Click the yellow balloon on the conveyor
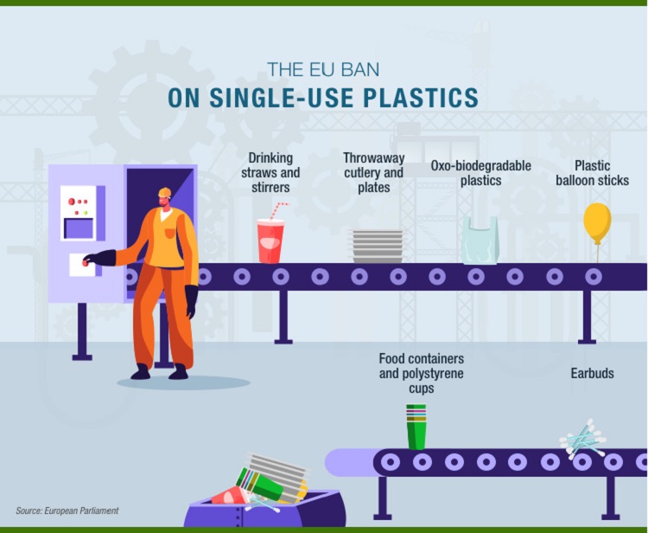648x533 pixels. tap(597, 222)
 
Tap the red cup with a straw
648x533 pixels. tap(270, 240)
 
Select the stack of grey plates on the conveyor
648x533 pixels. tap(378, 246)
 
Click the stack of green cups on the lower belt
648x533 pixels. tap(416, 427)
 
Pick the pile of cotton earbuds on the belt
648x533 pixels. tap(583, 440)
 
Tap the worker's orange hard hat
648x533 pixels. tap(164, 192)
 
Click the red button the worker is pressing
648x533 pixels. tap(86, 262)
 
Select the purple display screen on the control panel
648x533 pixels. tap(79, 228)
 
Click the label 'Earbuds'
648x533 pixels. tap(592, 373)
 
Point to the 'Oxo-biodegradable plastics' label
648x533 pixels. tap(481, 173)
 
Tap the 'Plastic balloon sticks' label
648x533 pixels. tap(592, 173)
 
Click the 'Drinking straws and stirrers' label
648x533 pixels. tap(270, 172)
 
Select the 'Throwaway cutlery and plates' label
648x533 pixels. tap(373, 172)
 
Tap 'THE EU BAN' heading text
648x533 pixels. tap(323, 69)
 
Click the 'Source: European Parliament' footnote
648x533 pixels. tap(67, 511)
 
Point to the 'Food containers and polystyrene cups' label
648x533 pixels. tap(422, 373)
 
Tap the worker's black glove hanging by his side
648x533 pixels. tap(191, 301)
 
